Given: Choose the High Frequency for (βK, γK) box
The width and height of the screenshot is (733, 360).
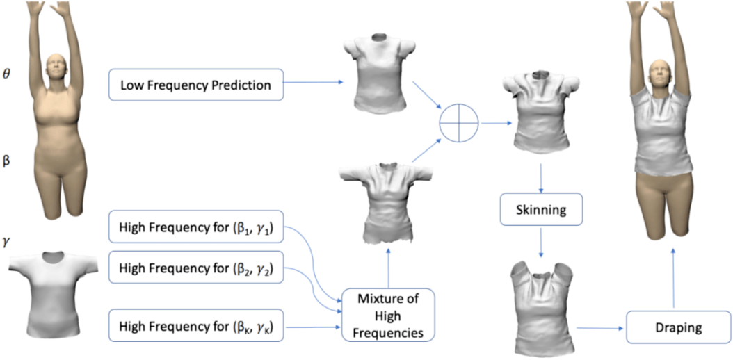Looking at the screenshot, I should click(196, 325).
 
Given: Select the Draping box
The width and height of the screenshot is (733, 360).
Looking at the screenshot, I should click(672, 326).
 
